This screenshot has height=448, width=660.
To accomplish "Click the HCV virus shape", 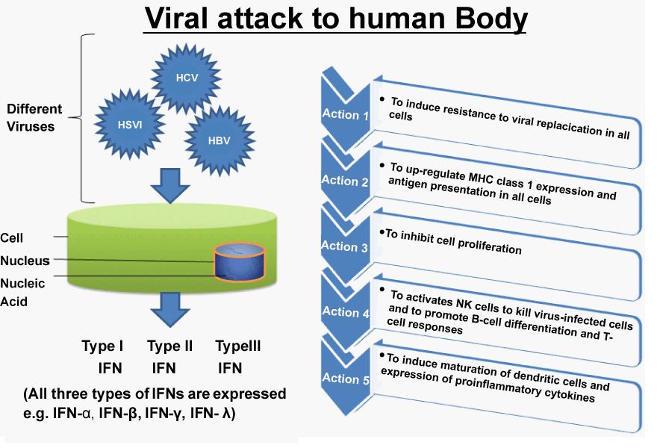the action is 186,78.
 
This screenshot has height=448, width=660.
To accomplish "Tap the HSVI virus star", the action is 129,125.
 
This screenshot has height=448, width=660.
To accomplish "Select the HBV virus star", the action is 220,140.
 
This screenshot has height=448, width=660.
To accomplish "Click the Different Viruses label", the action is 34,118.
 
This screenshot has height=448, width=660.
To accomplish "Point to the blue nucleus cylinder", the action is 239,262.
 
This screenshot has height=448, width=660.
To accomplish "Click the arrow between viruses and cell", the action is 170,186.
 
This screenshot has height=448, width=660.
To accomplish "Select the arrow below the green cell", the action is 170,310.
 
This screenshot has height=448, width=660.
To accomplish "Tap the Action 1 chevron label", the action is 345,114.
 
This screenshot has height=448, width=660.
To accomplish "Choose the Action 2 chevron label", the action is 345,181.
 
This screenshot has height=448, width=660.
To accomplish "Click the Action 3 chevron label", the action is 344,246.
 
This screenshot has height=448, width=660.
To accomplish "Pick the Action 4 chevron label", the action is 346,312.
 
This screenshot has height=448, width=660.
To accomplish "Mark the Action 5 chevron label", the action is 346,379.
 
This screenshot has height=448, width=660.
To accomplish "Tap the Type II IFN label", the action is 169,357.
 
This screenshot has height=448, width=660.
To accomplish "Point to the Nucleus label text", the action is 25,261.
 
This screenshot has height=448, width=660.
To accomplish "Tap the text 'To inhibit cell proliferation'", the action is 453,242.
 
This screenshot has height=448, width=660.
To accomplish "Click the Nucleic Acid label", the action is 22,292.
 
